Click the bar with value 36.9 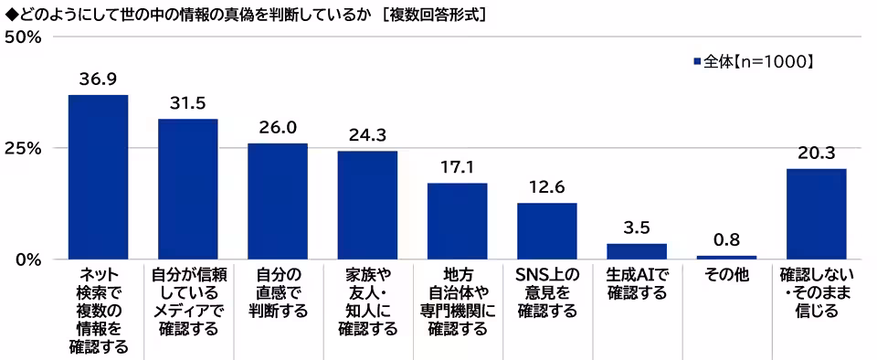pyautogui.click(x=98, y=177)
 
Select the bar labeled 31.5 pyautogui.click(x=187, y=189)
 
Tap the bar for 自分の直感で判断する pyautogui.click(x=277, y=201)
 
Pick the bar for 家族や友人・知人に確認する pyautogui.click(x=367, y=205)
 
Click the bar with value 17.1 pyautogui.click(x=457, y=221)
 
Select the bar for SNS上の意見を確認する pyautogui.click(x=546, y=231)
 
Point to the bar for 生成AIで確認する pyautogui.click(x=637, y=251)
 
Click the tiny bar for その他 pyautogui.click(x=726, y=257)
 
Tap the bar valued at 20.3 pyautogui.click(x=816, y=214)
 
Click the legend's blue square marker pyautogui.click(x=698, y=62)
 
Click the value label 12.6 pyautogui.click(x=546, y=187)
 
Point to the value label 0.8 pyautogui.click(x=726, y=240)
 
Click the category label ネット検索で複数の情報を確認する pyautogui.click(x=98, y=310)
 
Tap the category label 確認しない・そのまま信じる pyautogui.click(x=816, y=292)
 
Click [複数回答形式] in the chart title pyautogui.click(x=432, y=14)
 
